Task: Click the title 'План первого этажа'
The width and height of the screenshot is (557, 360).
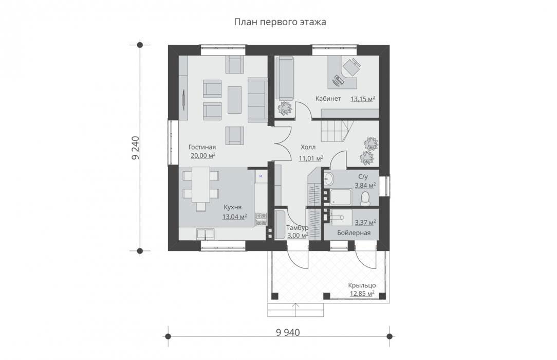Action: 280,22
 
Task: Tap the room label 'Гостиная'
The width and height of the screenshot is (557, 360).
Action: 202,147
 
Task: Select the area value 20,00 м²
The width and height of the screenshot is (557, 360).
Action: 203,155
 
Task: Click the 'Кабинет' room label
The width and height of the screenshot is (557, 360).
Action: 328,98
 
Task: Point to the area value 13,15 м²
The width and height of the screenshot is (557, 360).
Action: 363,99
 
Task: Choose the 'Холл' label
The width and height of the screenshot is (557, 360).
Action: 308,147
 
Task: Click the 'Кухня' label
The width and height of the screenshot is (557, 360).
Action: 233,207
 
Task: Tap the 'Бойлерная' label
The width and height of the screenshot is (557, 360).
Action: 354,233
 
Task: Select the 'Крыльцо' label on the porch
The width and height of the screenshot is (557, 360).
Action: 362,285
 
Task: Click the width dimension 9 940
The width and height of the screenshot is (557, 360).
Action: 288,333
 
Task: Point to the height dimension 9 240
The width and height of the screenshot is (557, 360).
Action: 135,148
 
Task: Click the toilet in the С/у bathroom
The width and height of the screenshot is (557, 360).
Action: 365,199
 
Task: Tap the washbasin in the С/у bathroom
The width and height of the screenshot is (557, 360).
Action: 328,178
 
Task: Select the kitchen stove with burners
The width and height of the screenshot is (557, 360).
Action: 261,219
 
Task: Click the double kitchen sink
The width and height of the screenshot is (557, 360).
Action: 206,234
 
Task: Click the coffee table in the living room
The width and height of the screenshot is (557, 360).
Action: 234,99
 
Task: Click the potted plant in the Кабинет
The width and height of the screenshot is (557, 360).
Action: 285,107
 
